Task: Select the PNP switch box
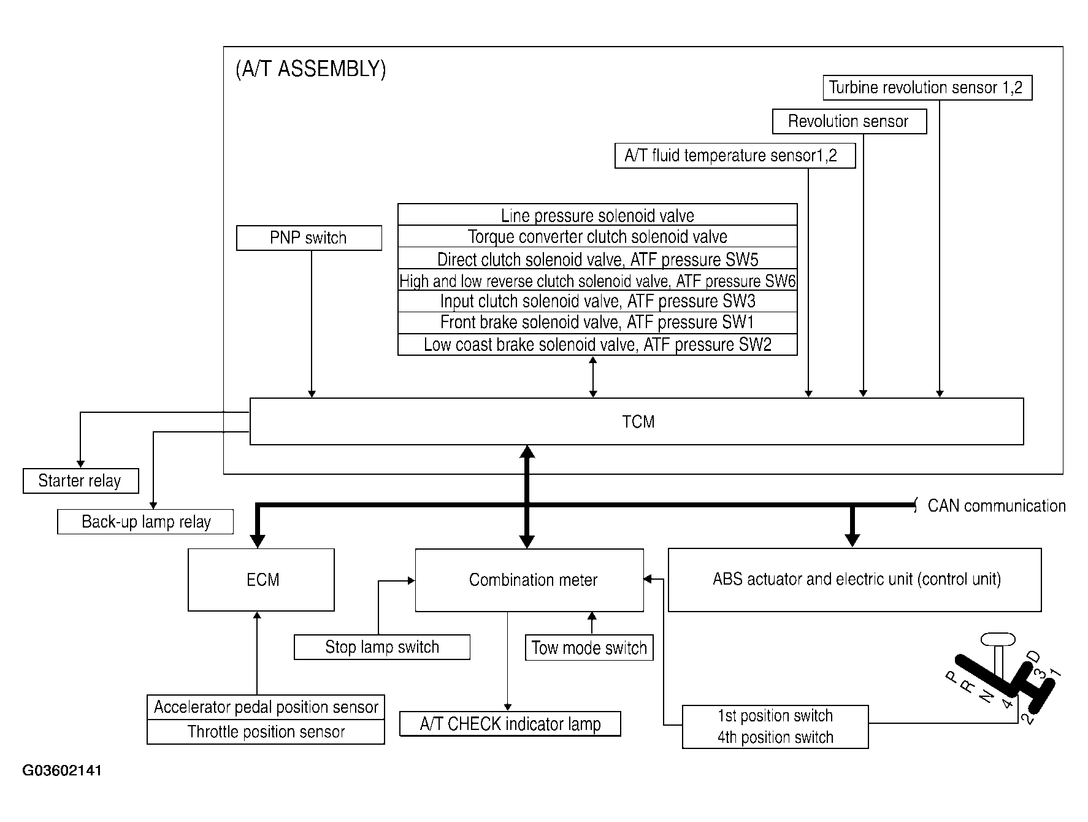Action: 308,238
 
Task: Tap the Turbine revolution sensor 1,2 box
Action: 927,88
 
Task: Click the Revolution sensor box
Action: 848,121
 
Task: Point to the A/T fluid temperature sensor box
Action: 734,156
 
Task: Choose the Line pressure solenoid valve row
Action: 597,215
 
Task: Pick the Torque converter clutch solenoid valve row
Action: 597,237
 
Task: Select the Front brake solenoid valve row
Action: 597,323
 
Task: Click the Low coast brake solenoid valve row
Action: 597,345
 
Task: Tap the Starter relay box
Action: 80,481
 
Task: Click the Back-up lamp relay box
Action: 145,522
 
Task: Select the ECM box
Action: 261,580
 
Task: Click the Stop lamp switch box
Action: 382,647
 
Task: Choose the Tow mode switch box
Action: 589,648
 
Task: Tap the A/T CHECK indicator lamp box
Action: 510,724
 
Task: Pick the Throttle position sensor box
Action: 266,732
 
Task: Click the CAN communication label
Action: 996,506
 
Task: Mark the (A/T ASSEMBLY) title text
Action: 310,69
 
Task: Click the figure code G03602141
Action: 62,770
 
